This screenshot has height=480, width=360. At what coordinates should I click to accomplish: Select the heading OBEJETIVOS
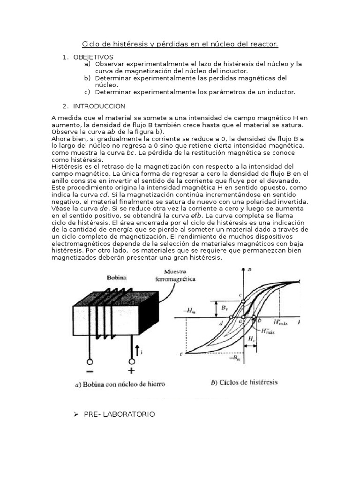pos(93,57)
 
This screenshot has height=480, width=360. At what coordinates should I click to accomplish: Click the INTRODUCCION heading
pos(99,106)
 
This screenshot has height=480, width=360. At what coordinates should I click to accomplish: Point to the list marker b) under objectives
pos(87,78)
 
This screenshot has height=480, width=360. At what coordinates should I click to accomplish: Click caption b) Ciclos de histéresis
pos(244,382)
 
